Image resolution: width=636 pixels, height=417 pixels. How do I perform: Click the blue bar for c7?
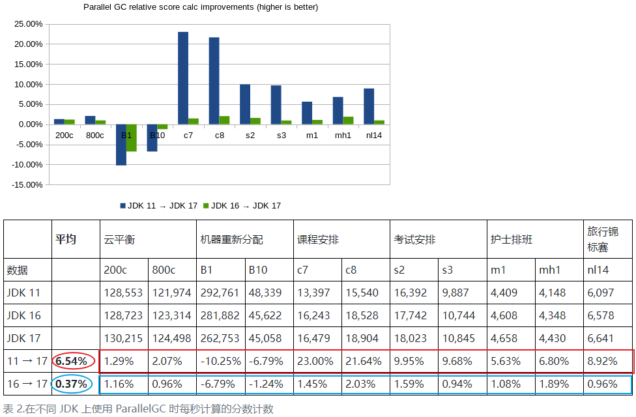183,78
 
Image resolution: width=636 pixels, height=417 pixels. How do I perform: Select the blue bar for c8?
214,81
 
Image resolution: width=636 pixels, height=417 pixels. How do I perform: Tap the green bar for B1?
132,138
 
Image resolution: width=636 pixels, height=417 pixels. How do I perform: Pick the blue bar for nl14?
369,106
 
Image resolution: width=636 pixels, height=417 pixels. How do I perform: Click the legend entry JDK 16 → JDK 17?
242,206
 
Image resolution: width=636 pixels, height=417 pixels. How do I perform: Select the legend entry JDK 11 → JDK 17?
158,206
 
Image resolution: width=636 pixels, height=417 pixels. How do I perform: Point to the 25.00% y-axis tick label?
29,24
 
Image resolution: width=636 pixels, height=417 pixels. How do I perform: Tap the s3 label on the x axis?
282,136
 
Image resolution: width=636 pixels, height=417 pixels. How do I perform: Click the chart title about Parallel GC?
201,7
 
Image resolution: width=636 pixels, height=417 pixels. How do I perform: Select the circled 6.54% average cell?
72,361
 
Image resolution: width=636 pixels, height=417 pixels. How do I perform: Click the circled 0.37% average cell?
72,384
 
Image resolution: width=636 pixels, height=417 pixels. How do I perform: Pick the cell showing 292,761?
220,293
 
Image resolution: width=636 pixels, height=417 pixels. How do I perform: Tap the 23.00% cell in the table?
315,361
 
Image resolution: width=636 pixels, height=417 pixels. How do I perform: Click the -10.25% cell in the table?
220,361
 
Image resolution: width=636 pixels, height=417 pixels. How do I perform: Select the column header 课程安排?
318,239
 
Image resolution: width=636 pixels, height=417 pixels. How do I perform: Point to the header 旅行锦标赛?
603,239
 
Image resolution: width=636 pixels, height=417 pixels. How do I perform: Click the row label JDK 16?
23,315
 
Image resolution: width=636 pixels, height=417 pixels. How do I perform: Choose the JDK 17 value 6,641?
601,338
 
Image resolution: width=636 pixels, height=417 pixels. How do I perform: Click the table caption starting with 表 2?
138,409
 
